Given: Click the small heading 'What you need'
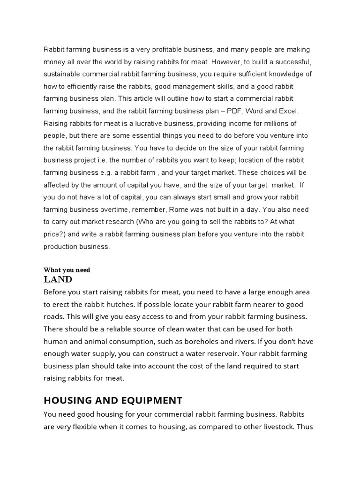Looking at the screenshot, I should coord(67,270).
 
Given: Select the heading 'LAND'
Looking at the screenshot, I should coord(58,280).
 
